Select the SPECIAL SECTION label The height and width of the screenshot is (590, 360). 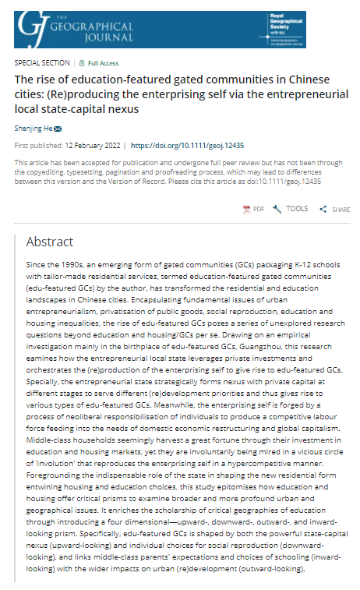click(x=42, y=62)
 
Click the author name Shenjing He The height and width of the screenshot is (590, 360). click(x=33, y=128)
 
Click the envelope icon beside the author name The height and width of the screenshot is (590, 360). click(x=58, y=128)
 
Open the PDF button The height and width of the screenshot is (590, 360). click(x=253, y=209)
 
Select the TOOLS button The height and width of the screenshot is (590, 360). click(x=291, y=209)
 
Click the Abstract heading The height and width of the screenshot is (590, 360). click(x=50, y=242)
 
